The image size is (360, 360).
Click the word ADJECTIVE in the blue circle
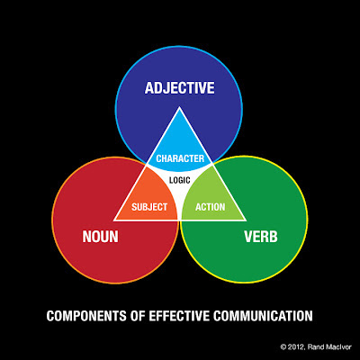179,88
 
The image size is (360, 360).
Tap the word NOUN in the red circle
100,237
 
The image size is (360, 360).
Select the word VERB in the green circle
261,237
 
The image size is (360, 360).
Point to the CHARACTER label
180,158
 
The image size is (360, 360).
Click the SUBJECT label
149,207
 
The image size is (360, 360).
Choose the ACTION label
211,207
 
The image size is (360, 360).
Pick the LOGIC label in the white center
180,180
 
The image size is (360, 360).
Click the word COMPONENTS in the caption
86,316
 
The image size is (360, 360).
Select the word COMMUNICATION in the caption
263,316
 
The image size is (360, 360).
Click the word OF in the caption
138,316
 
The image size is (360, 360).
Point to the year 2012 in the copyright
296,347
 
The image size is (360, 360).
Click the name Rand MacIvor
329,347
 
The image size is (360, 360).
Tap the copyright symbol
283,347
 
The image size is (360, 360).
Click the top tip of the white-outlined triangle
179,107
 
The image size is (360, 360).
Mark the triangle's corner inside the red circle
114,220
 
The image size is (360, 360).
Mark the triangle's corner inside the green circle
246,220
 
